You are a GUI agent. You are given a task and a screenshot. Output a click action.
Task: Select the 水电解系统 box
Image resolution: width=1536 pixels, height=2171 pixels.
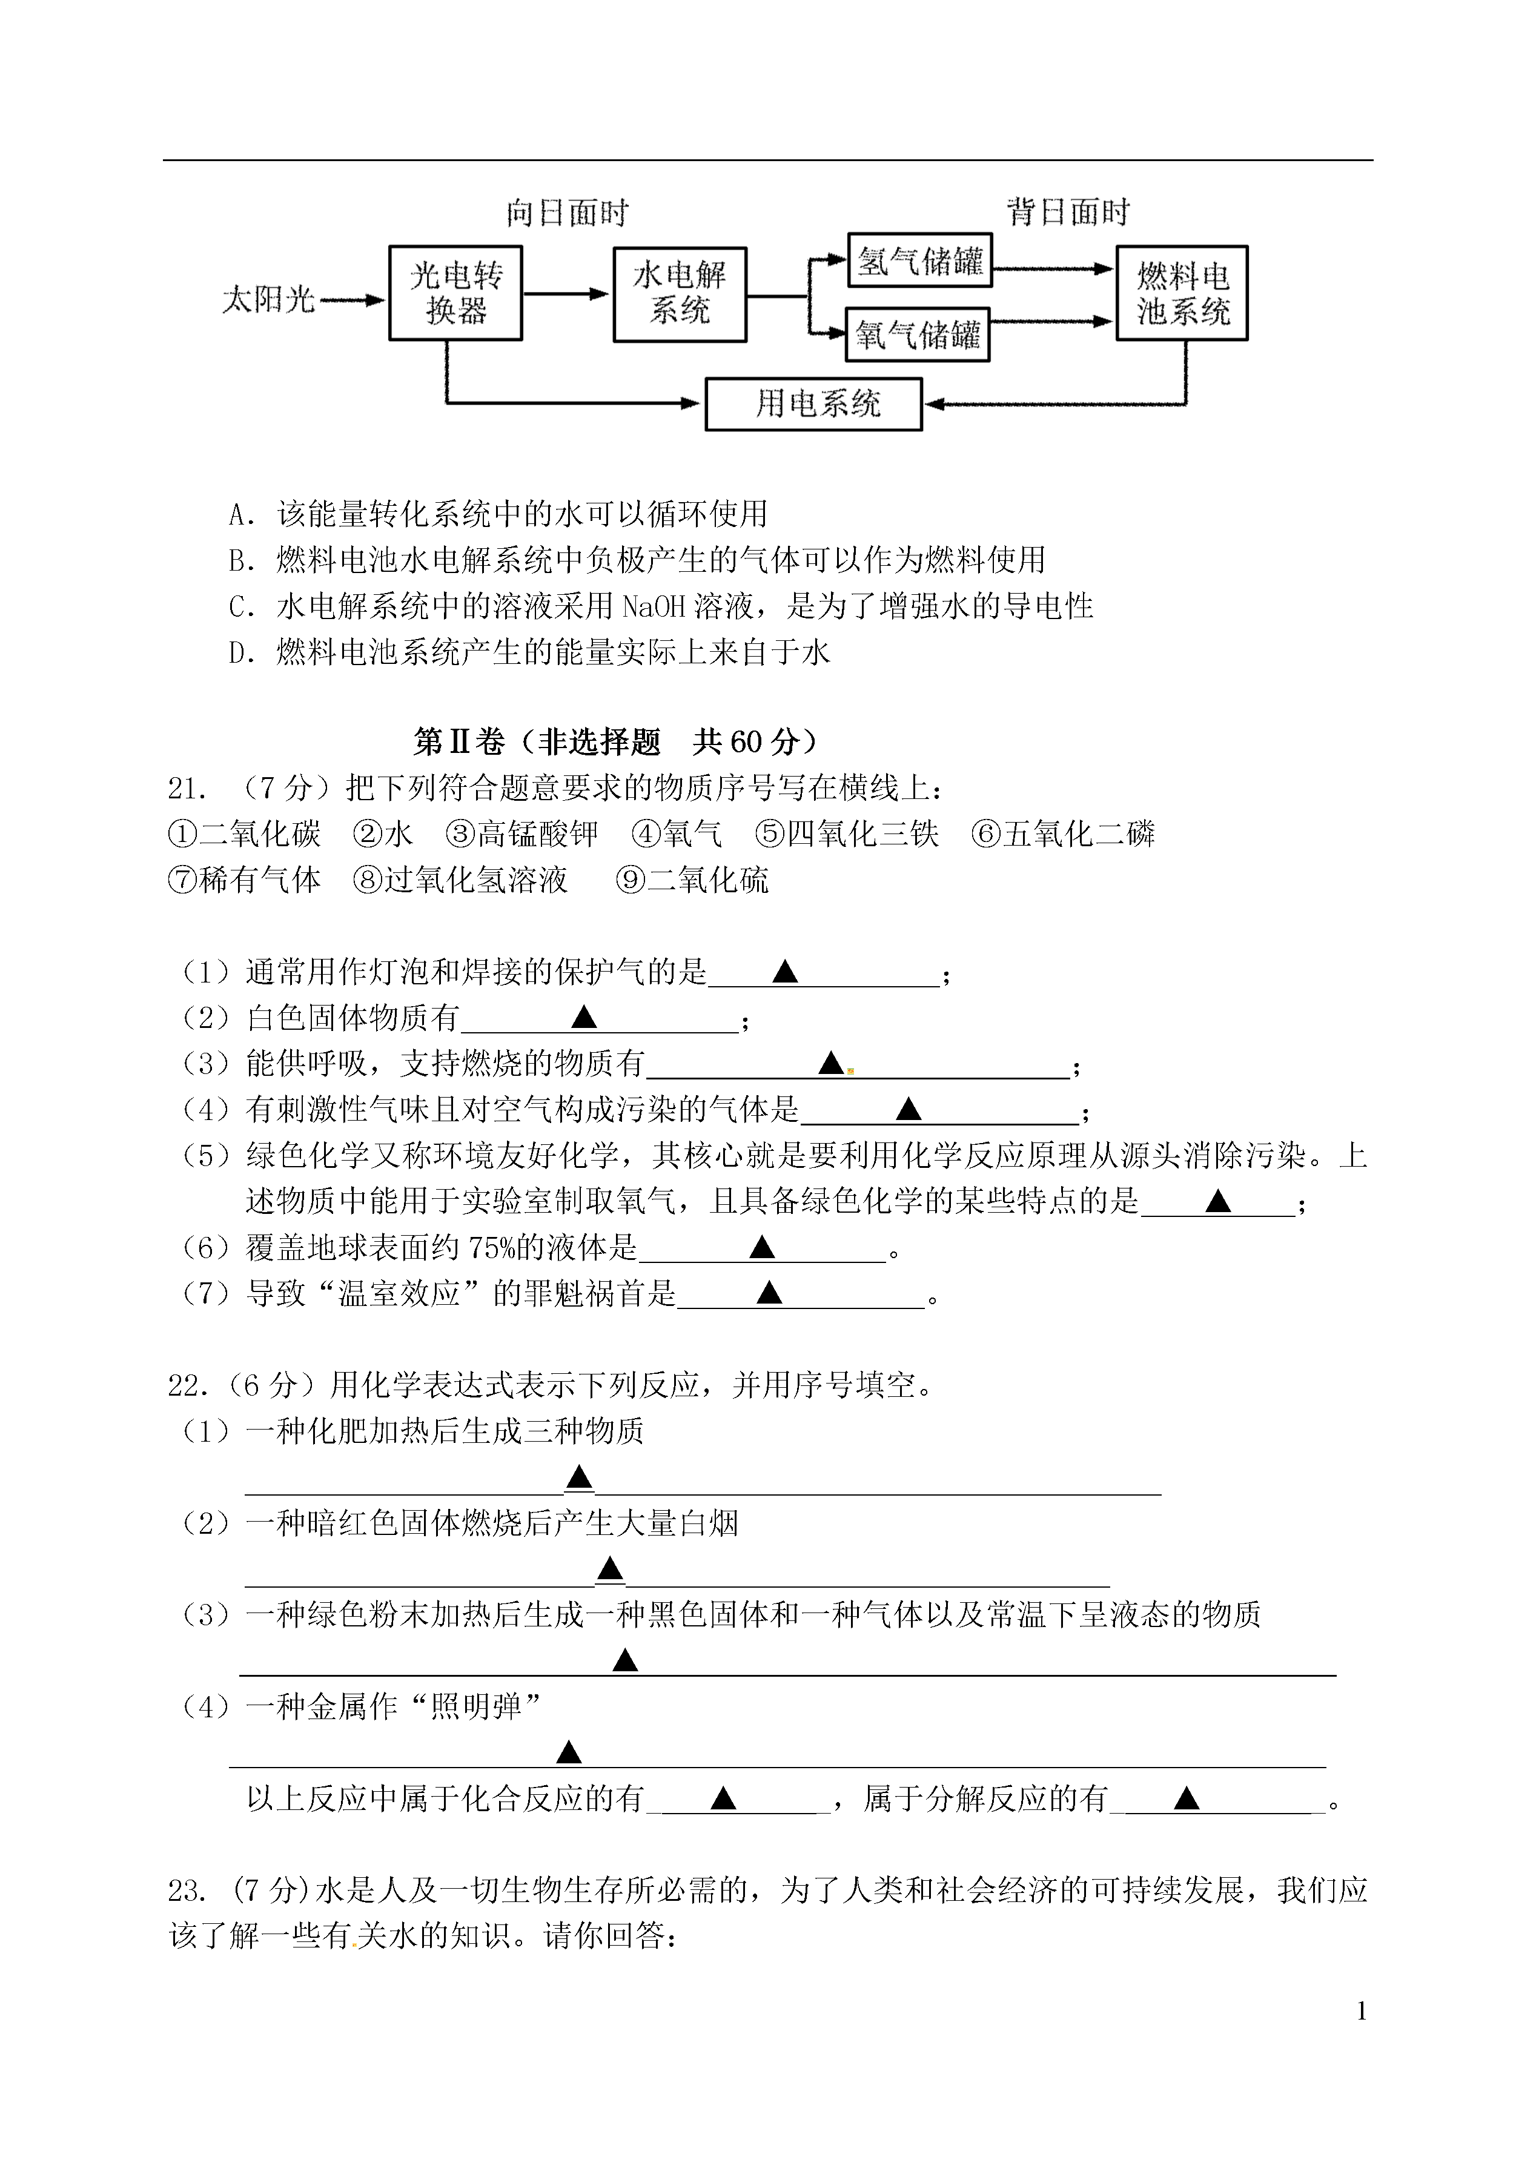click(x=680, y=294)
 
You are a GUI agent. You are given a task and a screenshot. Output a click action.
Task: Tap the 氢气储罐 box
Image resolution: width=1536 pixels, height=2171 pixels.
click(x=919, y=260)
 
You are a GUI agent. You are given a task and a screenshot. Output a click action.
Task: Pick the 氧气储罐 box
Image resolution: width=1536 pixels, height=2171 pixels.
click(x=918, y=334)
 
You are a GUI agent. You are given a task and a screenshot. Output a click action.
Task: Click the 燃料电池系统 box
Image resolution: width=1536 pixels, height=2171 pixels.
click(x=1182, y=293)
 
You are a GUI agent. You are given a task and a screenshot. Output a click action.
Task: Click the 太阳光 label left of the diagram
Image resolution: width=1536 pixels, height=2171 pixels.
click(x=268, y=300)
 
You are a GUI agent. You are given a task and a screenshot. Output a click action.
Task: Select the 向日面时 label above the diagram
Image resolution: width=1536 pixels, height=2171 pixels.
click(x=568, y=213)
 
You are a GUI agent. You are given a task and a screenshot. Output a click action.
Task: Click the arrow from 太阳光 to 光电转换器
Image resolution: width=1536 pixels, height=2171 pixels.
click(x=353, y=301)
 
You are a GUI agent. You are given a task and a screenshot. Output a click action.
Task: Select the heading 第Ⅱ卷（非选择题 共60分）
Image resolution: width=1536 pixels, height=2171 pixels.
click(x=616, y=741)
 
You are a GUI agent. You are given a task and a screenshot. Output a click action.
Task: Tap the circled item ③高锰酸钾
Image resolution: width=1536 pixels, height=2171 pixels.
click(x=522, y=834)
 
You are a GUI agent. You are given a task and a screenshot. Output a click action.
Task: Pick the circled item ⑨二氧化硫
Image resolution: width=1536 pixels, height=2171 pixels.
click(x=692, y=880)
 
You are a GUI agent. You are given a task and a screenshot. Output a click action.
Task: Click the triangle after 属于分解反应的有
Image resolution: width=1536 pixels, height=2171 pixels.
click(x=1186, y=1798)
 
